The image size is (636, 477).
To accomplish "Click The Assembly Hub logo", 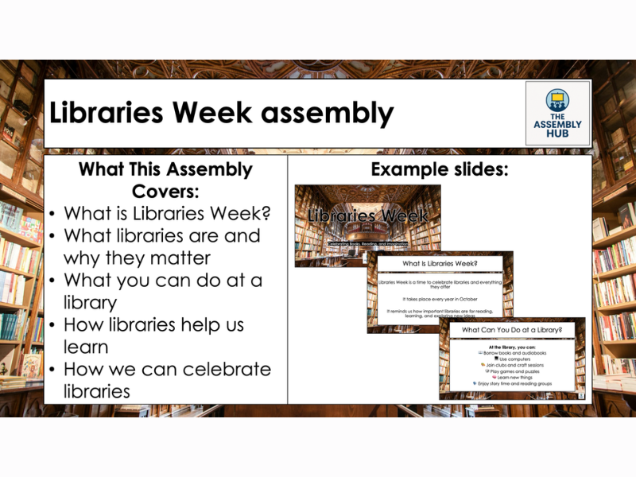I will click(557, 112).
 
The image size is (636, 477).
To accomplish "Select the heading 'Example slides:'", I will click(440, 169).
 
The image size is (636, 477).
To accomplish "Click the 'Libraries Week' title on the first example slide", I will click(367, 215).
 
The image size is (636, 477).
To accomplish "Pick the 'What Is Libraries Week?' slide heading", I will click(440, 263).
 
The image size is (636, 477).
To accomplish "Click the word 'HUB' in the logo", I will click(557, 134).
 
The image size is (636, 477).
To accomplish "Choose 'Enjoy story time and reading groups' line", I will click(514, 383).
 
